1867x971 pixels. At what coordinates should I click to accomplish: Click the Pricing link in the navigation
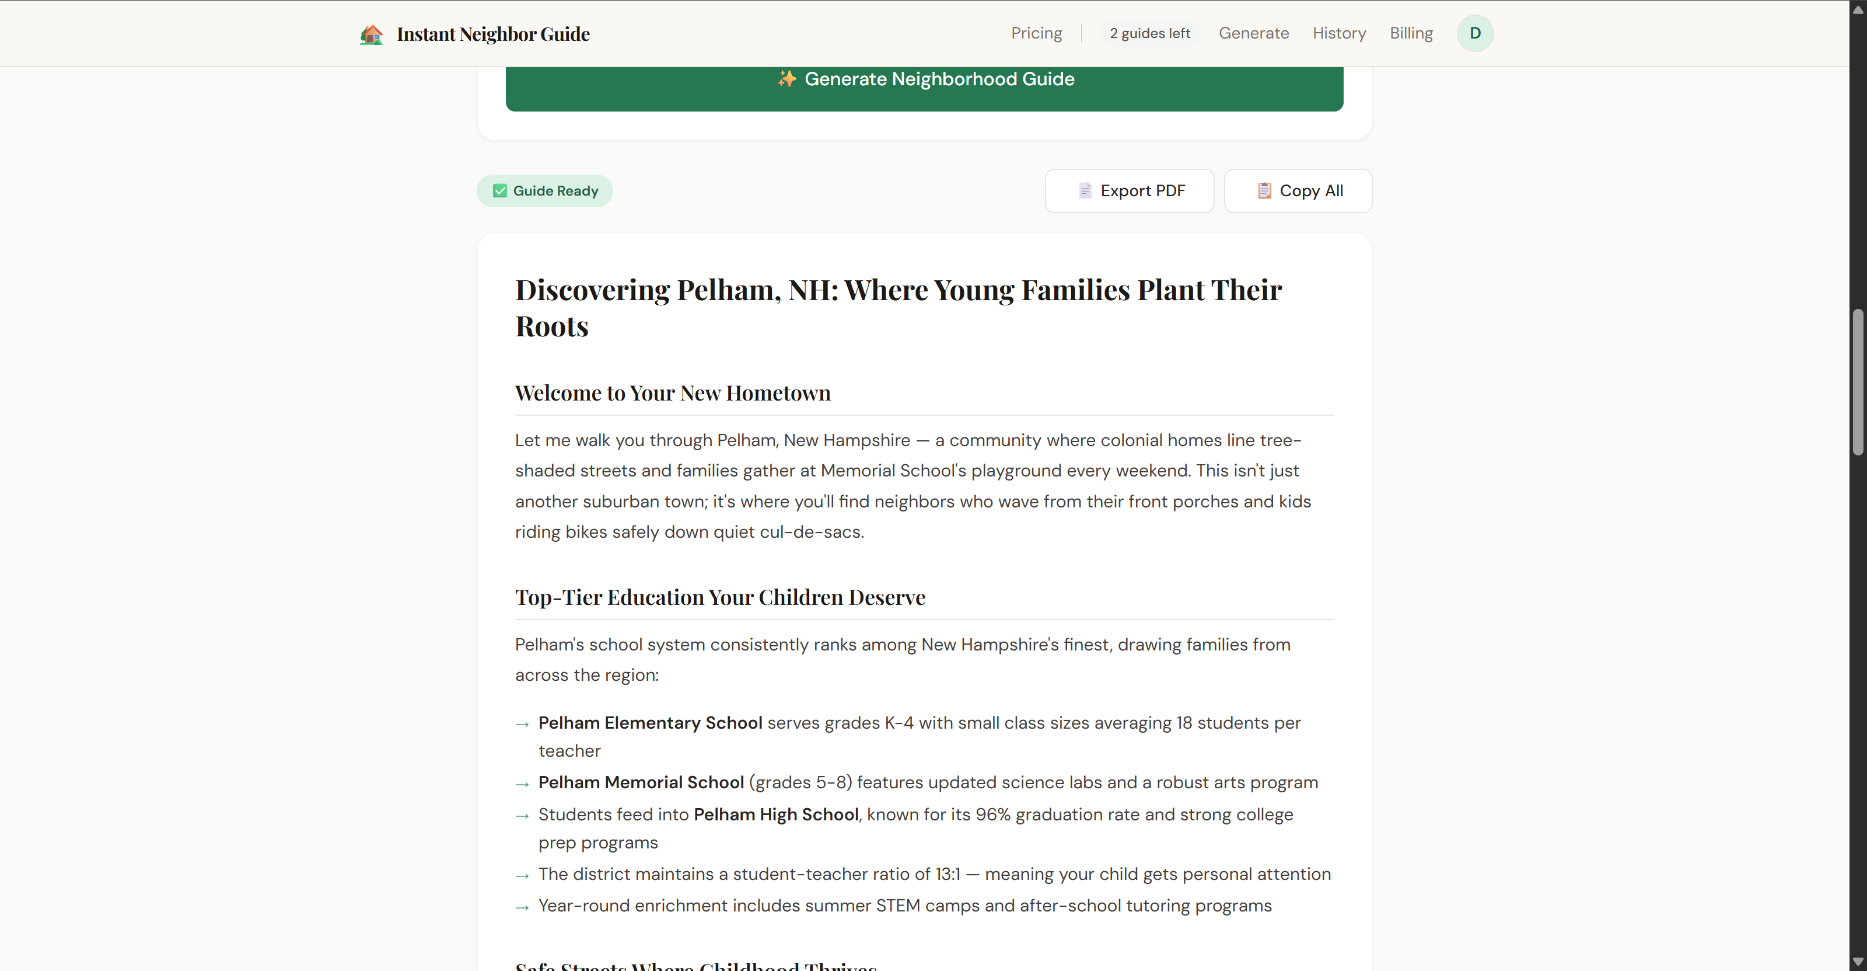(1036, 33)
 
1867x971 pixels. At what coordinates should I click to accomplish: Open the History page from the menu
(1338, 33)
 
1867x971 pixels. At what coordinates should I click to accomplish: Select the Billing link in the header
(1410, 33)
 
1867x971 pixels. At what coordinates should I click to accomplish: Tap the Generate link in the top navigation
(1253, 33)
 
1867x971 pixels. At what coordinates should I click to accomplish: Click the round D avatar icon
(1474, 33)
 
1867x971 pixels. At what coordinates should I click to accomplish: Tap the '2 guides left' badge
(1149, 33)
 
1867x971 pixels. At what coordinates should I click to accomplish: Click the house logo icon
(371, 34)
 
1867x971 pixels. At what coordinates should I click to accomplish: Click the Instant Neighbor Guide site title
(493, 34)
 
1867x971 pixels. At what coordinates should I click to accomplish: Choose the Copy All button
(1298, 191)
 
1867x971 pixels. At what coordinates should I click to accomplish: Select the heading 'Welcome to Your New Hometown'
(672, 393)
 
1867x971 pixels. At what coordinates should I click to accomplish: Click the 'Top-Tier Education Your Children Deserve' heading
(720, 597)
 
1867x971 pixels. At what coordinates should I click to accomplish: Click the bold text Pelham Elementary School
(649, 723)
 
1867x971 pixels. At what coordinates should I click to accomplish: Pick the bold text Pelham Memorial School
(641, 782)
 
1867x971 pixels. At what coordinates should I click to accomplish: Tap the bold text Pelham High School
(775, 815)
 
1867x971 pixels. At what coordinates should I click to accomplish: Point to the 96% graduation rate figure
(992, 815)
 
